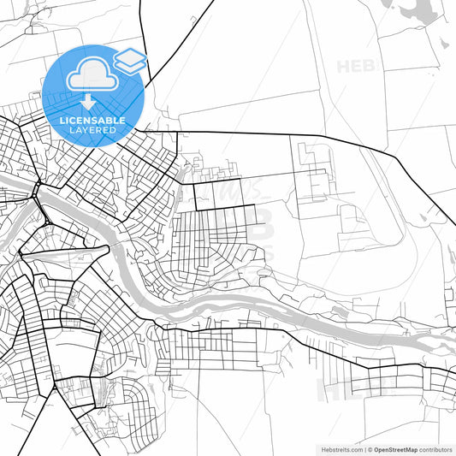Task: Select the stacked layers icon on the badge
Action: [130, 60]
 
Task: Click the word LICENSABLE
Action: [92, 121]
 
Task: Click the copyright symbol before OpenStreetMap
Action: [369, 448]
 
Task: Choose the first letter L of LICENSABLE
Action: [62, 121]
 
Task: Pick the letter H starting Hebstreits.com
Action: [312, 448]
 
